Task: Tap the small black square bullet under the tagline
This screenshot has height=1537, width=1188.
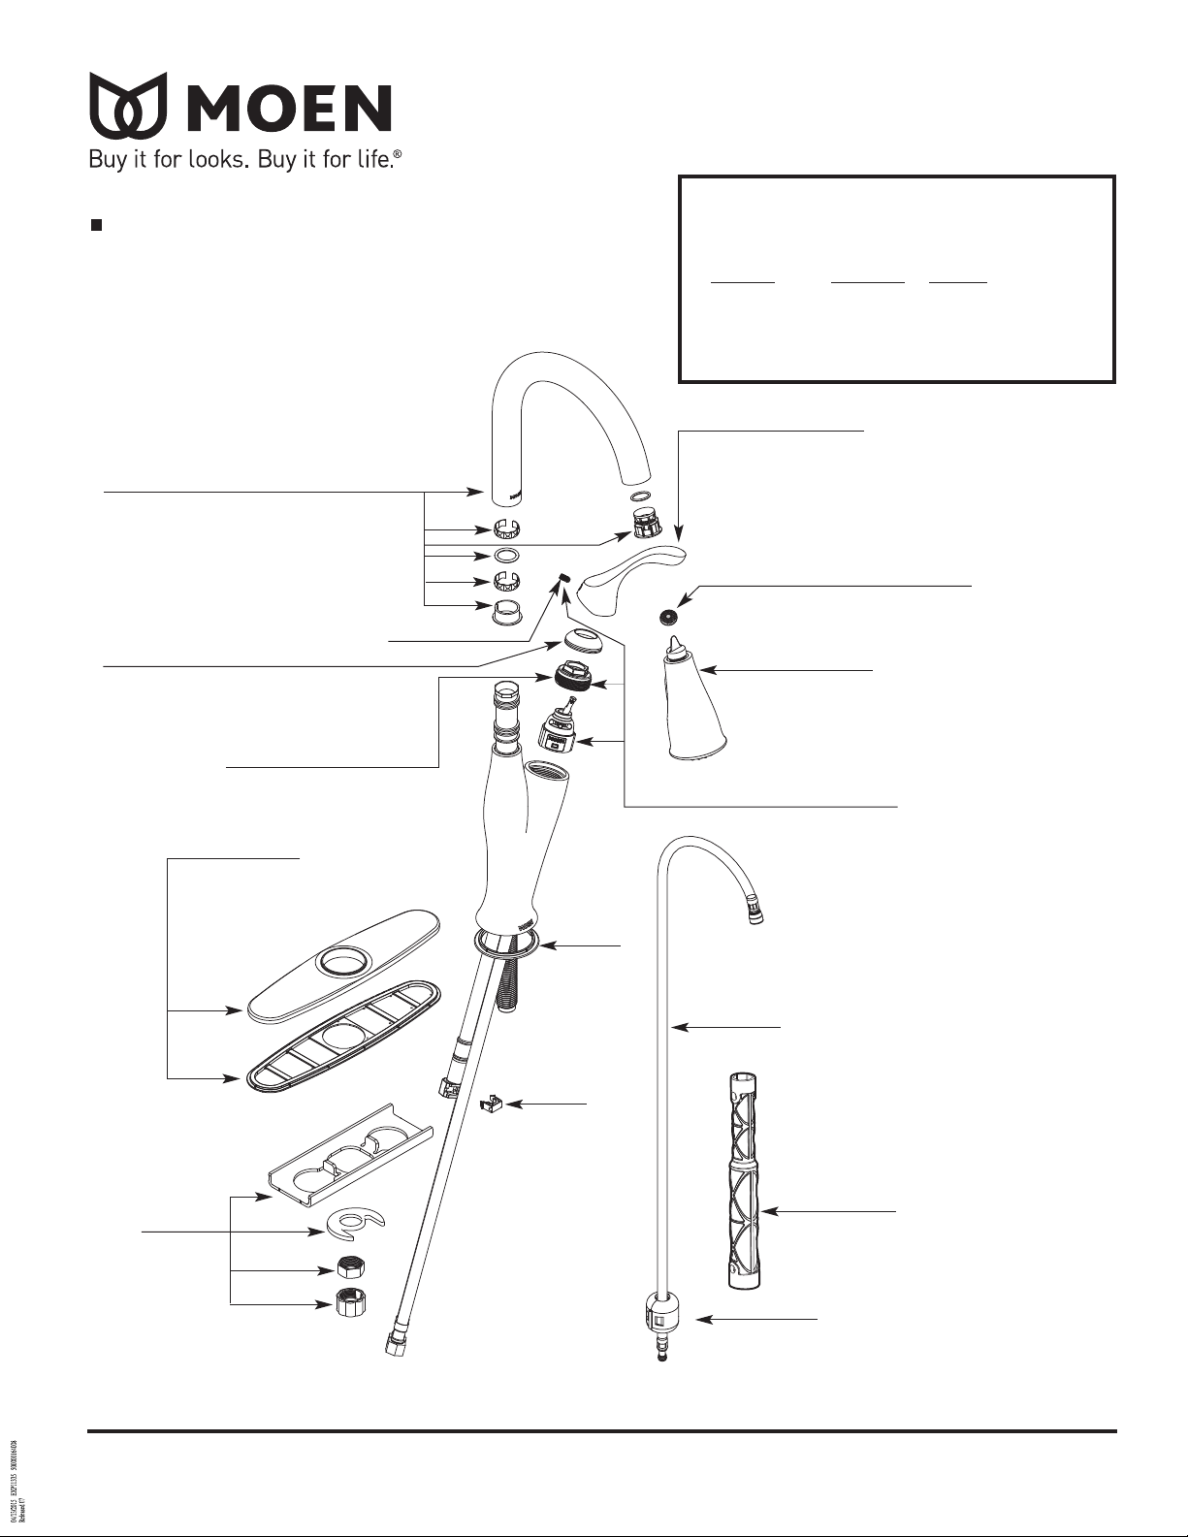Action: (x=96, y=225)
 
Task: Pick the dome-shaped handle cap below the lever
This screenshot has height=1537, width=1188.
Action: (x=583, y=641)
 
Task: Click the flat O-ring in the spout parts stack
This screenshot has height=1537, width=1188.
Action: (x=507, y=557)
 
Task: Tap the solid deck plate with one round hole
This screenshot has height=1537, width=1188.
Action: (x=344, y=965)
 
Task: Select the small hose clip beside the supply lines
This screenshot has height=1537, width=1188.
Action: (x=492, y=1104)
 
